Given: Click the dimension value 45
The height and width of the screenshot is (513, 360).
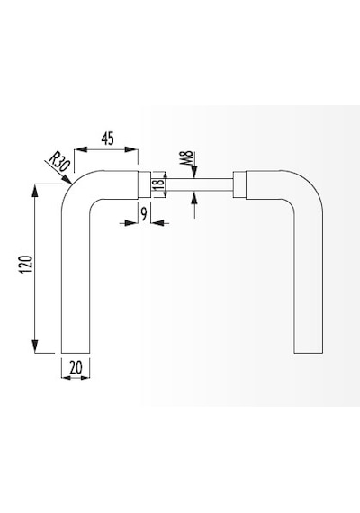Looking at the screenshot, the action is (x=108, y=139).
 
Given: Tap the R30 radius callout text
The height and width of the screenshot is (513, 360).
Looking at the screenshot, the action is (x=59, y=162).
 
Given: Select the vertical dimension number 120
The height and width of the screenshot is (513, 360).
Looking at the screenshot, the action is (x=26, y=265).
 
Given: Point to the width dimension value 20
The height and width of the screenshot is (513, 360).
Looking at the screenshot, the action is (x=76, y=367).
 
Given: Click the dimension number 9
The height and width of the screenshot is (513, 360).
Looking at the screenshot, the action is (x=144, y=213).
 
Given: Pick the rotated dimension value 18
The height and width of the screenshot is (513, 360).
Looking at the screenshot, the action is (x=158, y=184).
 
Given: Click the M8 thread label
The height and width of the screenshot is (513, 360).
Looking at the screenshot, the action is (x=188, y=158).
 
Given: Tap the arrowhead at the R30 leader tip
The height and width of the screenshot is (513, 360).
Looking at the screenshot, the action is (x=67, y=180).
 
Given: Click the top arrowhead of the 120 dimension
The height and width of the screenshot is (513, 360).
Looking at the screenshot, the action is (x=34, y=191).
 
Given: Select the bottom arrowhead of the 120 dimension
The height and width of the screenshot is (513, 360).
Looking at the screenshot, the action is (x=34, y=346).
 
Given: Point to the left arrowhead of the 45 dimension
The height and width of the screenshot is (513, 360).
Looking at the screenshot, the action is (x=80, y=149).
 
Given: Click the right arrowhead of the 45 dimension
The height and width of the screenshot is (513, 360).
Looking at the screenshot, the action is (x=132, y=149).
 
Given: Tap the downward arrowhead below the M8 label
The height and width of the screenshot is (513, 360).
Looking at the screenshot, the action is (x=194, y=173).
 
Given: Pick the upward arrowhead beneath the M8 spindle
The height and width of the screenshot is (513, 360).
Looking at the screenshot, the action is (x=194, y=197).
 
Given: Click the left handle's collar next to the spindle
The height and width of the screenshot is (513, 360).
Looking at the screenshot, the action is (x=144, y=184).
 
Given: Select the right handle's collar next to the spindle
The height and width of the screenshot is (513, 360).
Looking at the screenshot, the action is (x=239, y=184).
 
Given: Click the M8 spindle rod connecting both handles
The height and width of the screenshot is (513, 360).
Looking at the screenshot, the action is (x=192, y=184).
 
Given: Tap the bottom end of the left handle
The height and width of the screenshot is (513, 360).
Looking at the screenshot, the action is (x=76, y=353).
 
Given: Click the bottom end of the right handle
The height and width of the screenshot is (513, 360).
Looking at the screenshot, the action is (x=309, y=353).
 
